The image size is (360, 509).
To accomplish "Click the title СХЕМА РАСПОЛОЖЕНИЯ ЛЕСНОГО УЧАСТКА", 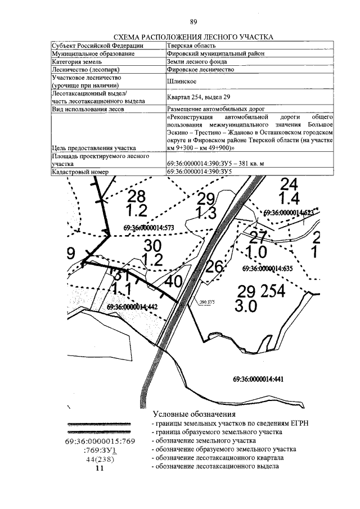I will [193, 37].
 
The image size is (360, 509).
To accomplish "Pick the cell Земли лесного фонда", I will [197, 62].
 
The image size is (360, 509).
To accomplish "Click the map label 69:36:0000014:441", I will [257, 379].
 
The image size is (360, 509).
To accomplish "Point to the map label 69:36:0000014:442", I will [130, 307].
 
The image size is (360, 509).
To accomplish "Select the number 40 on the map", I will [174, 281].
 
